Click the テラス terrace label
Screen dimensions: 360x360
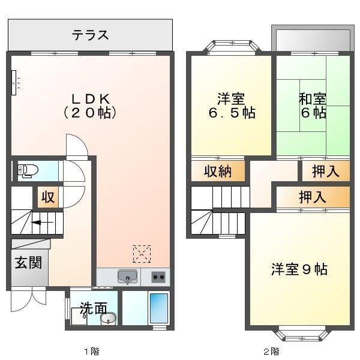click(91, 35)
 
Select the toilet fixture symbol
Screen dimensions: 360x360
click(26, 171)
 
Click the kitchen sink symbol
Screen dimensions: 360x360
click(127, 277)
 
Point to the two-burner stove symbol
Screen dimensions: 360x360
click(158, 277)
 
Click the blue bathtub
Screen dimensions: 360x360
click(158, 308)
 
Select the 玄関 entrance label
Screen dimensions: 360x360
click(28, 263)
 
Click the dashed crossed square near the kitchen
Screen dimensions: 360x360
click(142, 254)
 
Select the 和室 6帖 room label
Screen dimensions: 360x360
click(313, 105)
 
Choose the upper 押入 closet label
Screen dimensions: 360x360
click(326, 172)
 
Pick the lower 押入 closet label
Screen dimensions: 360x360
click(313, 196)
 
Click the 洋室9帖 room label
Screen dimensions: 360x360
click(298, 269)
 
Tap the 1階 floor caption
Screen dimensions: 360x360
click(91, 350)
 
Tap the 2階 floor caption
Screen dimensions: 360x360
click(271, 350)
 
